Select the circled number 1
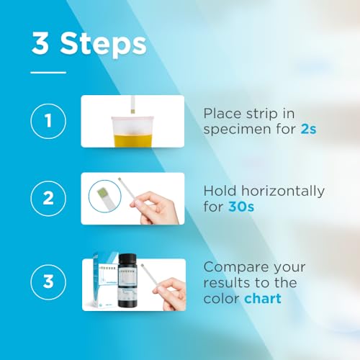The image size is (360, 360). click(49, 122)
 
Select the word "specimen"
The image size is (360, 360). click(235, 132)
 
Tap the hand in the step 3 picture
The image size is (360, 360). click(171, 292)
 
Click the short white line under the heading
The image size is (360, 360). click(48, 72)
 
